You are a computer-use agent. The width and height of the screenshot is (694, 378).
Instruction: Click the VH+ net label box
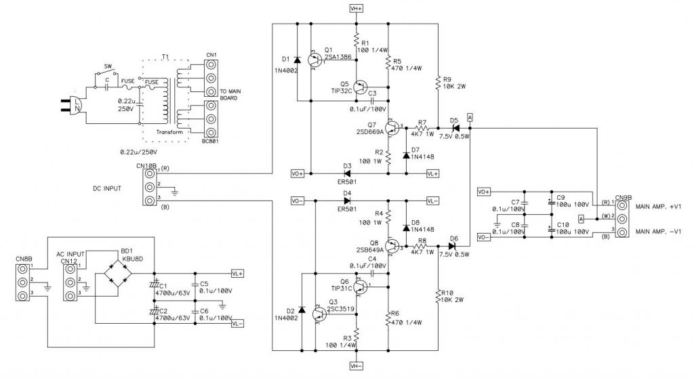click(356, 9)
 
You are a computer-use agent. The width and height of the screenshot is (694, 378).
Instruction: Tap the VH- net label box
click(356, 366)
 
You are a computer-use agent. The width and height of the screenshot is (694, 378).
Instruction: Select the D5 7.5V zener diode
click(455, 127)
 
